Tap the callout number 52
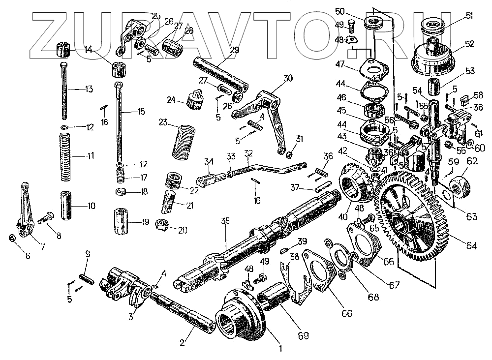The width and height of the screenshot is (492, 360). pos(469,43)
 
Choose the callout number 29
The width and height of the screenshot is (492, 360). pos(234,49)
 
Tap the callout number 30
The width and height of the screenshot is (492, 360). pos(288,77)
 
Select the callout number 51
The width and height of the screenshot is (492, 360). pos(469,16)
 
